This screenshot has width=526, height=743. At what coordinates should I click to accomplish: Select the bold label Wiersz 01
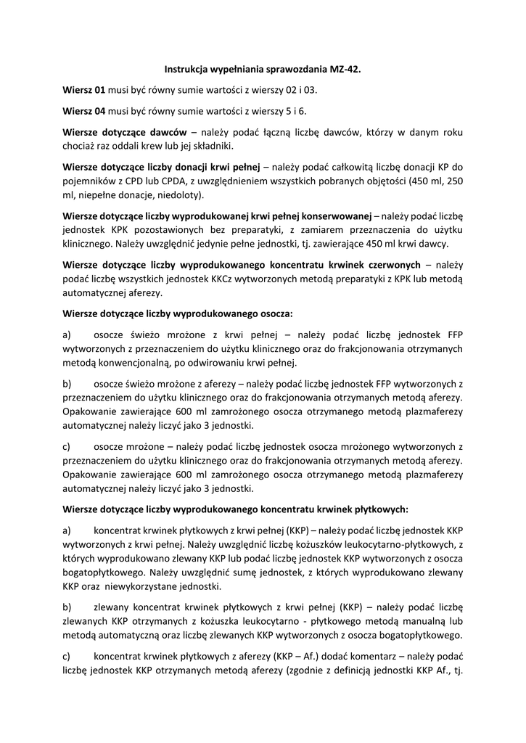[84, 91]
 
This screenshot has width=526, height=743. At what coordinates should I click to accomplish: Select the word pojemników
[89, 181]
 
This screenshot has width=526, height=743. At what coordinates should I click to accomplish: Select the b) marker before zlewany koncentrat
[67, 607]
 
